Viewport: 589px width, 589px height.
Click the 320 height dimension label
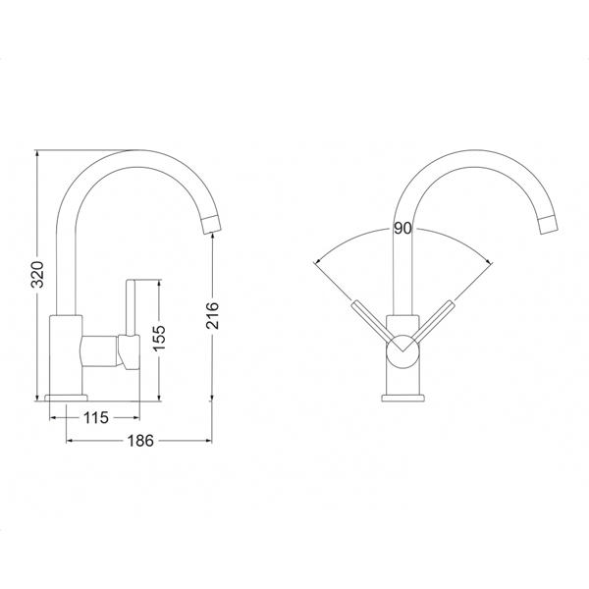(37, 274)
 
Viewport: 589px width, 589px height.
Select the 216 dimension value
(213, 315)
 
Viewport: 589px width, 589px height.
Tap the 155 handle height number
(160, 338)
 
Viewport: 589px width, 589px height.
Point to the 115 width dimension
(95, 418)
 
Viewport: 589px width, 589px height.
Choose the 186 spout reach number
(140, 441)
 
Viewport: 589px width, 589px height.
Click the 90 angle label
(402, 229)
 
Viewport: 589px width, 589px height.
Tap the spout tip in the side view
(211, 226)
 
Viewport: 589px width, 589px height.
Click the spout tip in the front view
(548, 226)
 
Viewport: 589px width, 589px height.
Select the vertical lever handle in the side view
(131, 307)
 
